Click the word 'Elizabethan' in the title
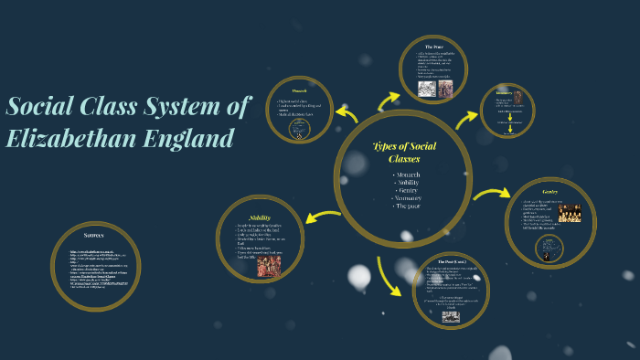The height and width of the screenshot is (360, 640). tap(69, 139)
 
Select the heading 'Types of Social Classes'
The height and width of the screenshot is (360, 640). tap(404, 152)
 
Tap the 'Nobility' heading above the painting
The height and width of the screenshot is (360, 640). tap(260, 217)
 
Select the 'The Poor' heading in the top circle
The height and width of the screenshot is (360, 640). tap(433, 46)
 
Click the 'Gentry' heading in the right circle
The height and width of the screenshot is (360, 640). tap(549, 191)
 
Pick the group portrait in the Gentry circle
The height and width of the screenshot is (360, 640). tap(570, 213)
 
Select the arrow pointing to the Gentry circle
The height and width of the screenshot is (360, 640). tap(491, 194)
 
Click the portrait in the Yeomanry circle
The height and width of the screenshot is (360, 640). tap(517, 97)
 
